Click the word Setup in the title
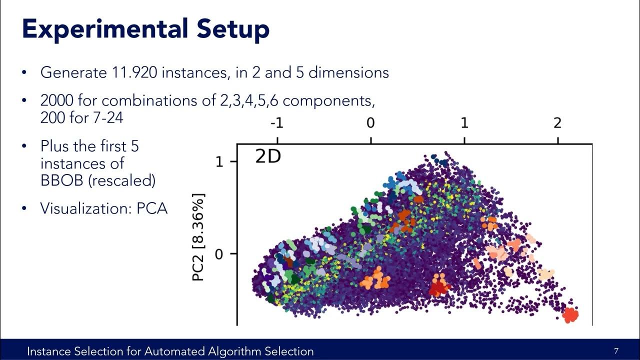point(232,29)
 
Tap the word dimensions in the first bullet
point(348,72)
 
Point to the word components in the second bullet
point(328,100)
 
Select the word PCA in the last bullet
point(152,208)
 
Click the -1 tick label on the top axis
point(277,123)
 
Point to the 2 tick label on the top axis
point(557,123)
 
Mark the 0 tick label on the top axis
point(370,123)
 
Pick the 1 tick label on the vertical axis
point(219,161)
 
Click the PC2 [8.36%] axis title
point(198,237)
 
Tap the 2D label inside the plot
point(268,156)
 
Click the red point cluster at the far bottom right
point(570,315)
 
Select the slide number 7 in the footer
point(616,351)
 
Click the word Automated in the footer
point(170,351)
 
